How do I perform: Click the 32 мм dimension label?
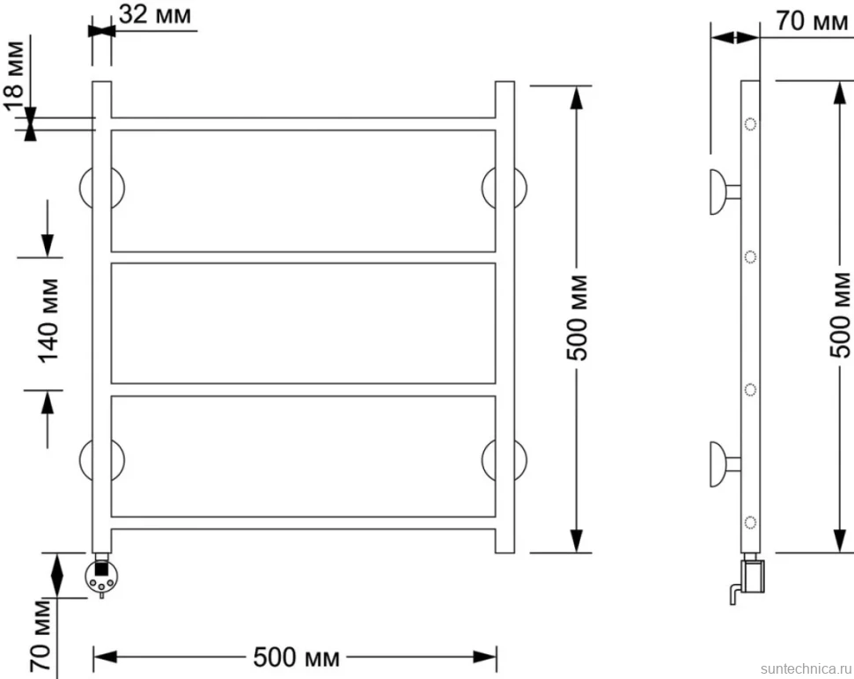tap(155, 15)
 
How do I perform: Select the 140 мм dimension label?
tap(48, 321)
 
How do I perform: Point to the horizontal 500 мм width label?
tap(297, 658)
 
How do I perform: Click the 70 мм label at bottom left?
tap(40, 635)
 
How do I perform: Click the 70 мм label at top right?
tap(812, 21)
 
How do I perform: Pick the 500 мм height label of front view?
tap(578, 318)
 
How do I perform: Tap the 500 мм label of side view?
tap(841, 315)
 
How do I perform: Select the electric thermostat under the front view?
tap(101, 576)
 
